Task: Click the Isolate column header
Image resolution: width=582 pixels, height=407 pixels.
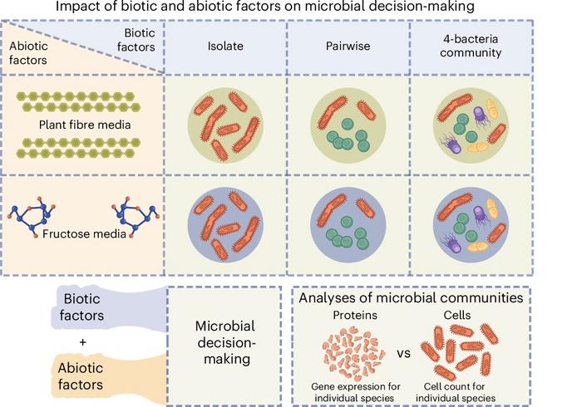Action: [x=225, y=46]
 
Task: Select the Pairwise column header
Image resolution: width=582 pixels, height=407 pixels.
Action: [x=348, y=46]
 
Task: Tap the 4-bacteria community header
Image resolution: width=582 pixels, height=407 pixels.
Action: [x=471, y=46]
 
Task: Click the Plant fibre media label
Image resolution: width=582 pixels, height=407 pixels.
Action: [x=85, y=125]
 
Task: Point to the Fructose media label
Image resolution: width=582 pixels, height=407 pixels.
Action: [x=84, y=234]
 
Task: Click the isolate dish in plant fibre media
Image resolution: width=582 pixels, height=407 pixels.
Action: [x=225, y=125]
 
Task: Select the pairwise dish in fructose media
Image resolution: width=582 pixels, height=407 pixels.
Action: [x=348, y=225]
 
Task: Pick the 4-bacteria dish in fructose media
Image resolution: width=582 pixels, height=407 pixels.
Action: [x=471, y=225]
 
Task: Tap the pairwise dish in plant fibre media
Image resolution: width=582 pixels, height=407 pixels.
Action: [x=348, y=125]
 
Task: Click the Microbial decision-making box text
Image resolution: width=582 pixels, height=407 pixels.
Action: [x=225, y=342]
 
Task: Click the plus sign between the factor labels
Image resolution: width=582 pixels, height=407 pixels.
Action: [x=82, y=341]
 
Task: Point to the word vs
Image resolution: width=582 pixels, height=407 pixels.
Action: [x=403, y=353]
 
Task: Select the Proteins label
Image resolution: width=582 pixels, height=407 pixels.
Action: [x=355, y=315]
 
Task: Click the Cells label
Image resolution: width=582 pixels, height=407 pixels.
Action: [x=457, y=315]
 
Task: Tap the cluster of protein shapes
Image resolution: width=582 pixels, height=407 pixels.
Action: [x=353, y=355]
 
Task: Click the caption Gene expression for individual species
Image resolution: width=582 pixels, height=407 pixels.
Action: [x=355, y=392]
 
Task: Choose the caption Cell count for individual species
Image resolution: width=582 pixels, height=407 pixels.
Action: [x=455, y=392]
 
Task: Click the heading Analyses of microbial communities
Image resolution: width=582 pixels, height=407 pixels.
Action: [x=411, y=297]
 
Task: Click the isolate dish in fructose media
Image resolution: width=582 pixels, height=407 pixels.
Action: [x=225, y=225]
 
